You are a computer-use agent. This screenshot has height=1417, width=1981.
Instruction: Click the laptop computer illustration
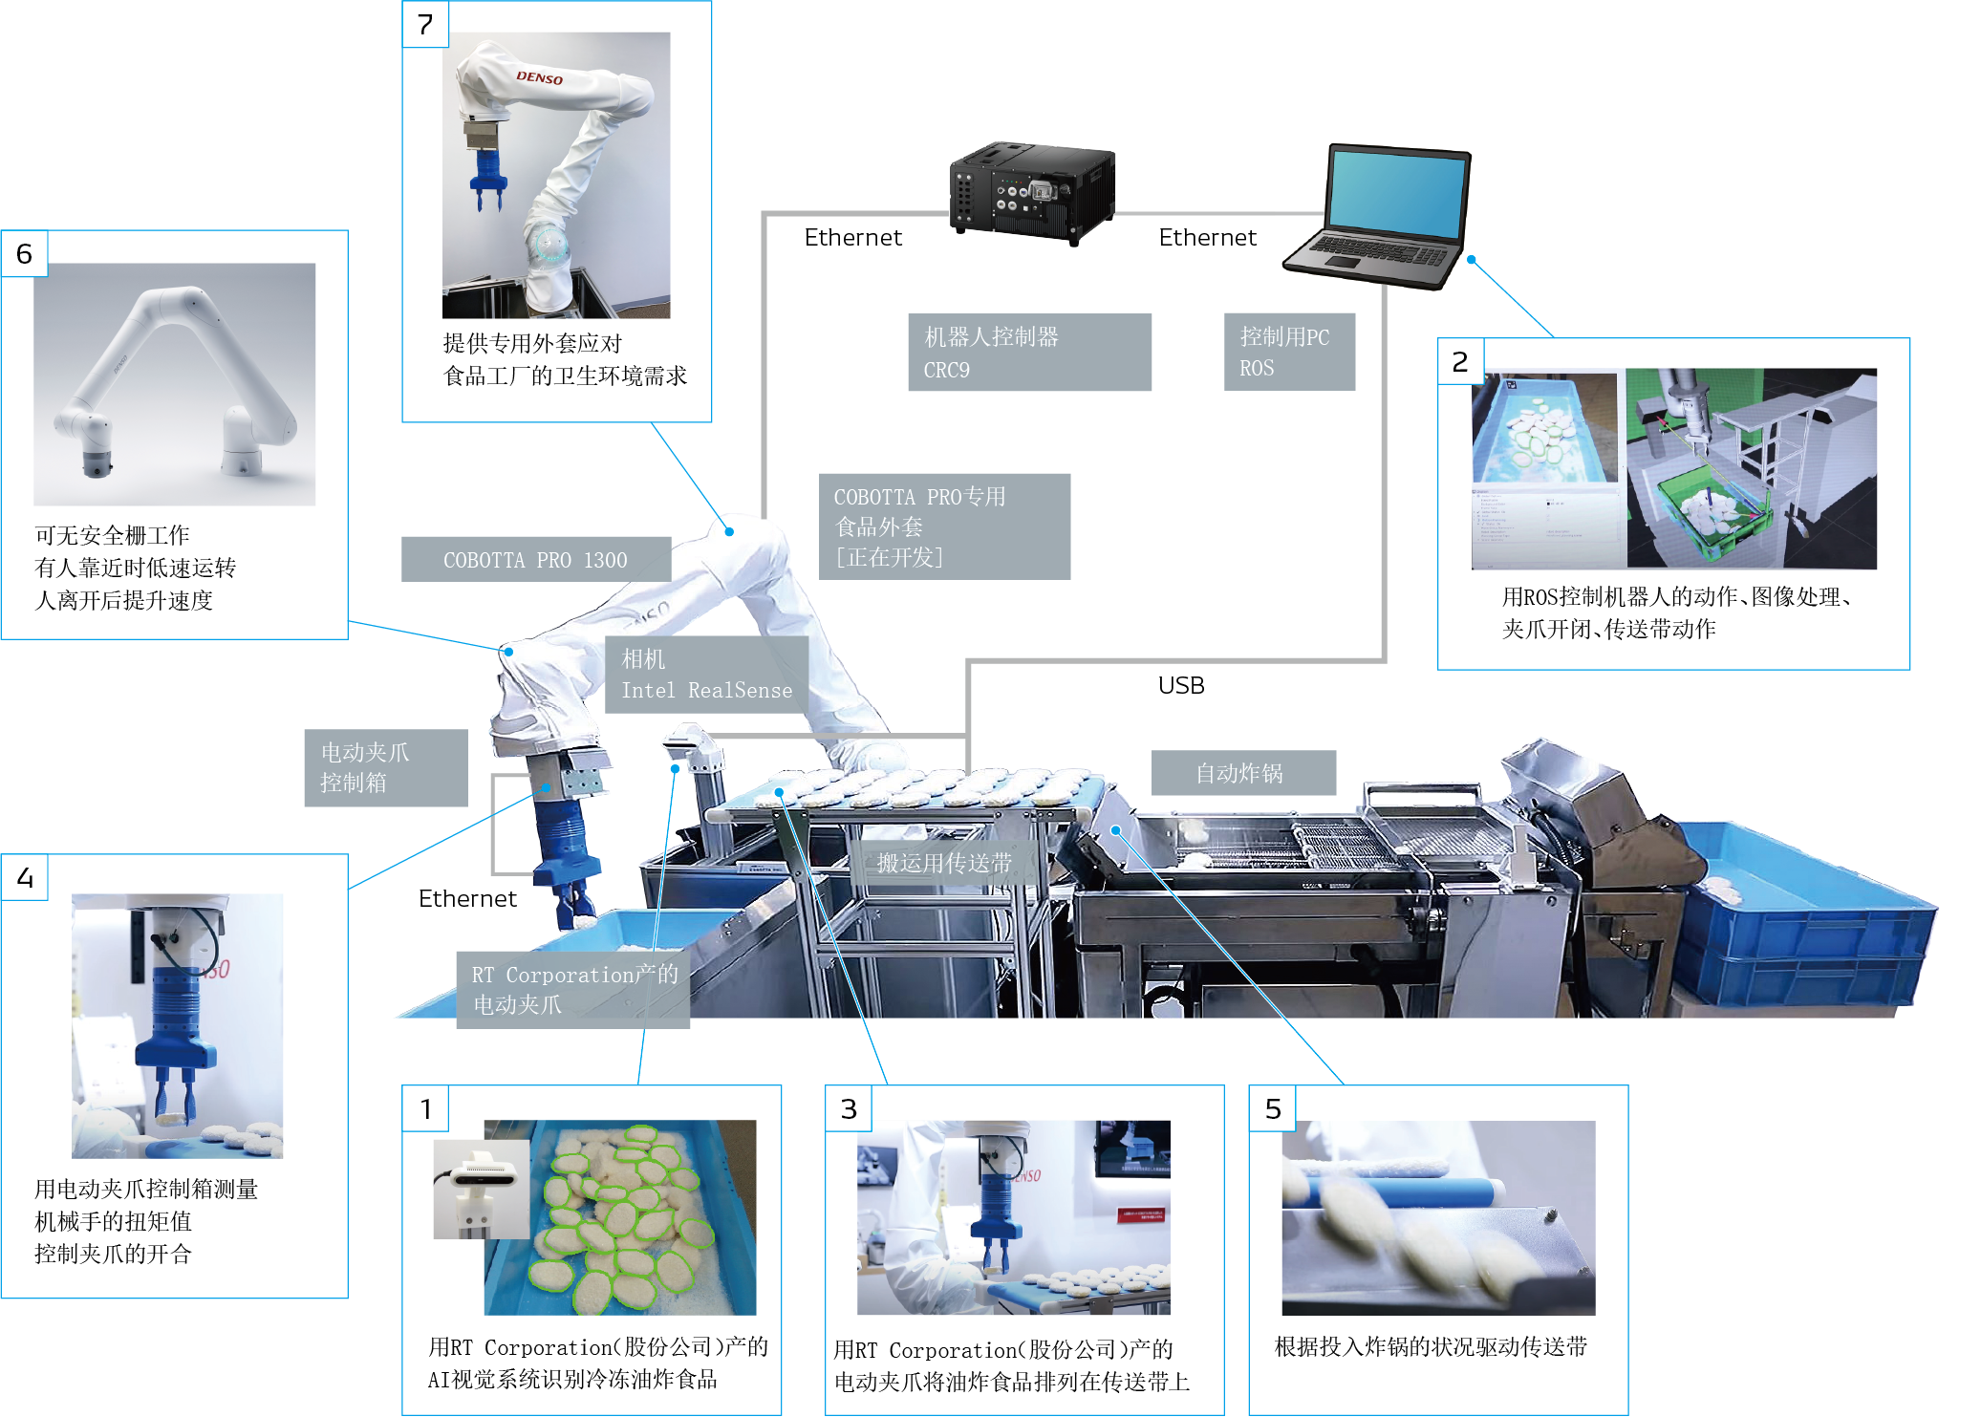1378,217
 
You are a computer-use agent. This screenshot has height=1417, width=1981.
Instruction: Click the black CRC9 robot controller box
1032,192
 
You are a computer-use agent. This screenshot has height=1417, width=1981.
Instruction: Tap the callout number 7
425,24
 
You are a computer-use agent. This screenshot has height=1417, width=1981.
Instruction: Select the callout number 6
24,253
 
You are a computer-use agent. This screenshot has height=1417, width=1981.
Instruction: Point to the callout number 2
1460,361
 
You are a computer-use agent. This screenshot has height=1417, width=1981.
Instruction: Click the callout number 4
25,877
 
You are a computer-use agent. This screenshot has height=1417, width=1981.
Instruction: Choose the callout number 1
426,1108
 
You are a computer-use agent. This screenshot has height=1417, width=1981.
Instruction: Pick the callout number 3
849,1108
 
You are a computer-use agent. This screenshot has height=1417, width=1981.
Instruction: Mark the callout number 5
1273,1108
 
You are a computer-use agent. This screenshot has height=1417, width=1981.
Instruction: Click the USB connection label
1181,685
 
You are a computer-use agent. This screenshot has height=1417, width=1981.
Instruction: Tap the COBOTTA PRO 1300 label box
536,559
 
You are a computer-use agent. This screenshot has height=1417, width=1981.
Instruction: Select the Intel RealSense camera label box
707,675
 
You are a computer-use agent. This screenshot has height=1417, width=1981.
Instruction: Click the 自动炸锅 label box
1243,772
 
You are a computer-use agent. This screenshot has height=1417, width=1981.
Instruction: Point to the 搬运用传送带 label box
944,863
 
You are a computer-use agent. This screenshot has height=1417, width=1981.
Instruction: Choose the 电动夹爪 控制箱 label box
386,767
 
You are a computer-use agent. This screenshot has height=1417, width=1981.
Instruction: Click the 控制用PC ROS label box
1289,352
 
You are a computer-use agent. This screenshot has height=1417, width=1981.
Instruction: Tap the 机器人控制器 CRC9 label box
1029,352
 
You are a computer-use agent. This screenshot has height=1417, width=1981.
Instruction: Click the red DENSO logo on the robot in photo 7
540,77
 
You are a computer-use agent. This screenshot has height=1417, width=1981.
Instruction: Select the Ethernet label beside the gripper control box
467,898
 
